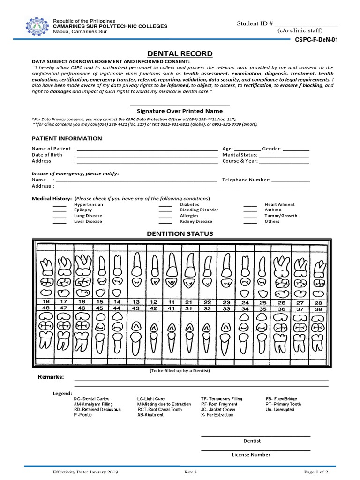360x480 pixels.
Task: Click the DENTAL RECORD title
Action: pos(180,54)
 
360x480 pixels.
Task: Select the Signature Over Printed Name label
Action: pos(180,111)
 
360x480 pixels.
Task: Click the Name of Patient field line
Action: pos(147,149)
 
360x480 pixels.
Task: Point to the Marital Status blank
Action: pos(284,155)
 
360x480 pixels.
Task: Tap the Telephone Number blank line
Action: pos(291,180)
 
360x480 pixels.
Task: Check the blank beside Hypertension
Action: pos(60,205)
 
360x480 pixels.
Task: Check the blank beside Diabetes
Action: pos(165,205)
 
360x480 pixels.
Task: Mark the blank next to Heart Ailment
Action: pos(250,205)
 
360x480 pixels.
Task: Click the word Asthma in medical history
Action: pos(273,210)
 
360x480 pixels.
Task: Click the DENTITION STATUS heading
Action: pos(180,233)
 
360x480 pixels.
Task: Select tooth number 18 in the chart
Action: pos(46,302)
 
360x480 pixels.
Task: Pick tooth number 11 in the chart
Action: pos(172,302)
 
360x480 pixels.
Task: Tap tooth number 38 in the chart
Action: pos(319,309)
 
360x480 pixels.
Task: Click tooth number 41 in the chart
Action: pos(172,309)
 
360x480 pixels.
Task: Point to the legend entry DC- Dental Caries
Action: pos(91,399)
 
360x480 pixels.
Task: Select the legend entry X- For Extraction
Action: pos(217,415)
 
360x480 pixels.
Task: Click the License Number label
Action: pos(251,455)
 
